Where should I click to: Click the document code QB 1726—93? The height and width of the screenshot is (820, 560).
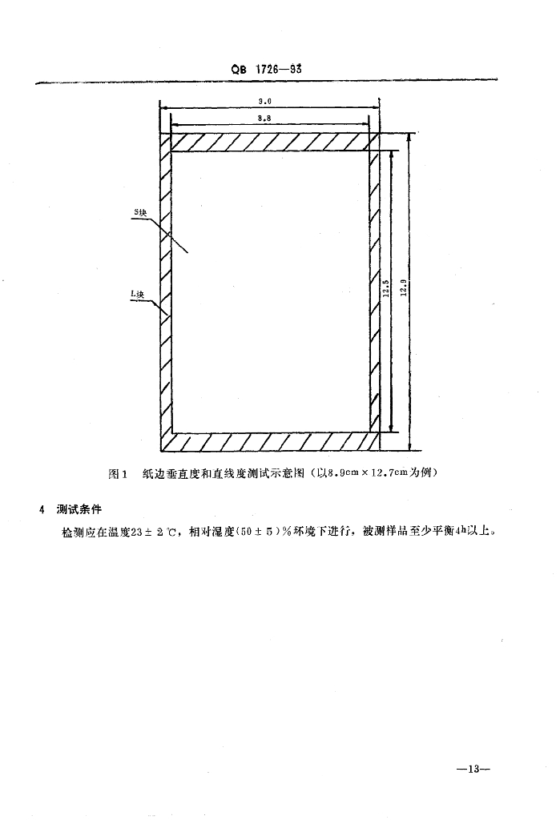[x=266, y=69]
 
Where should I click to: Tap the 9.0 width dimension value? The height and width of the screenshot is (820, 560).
[x=265, y=102]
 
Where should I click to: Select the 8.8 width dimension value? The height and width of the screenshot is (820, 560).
[x=264, y=119]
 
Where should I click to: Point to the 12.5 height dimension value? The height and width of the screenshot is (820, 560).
[x=385, y=288]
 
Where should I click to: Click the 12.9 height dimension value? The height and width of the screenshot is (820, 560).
[x=402, y=288]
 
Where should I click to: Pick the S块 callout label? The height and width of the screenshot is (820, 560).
[x=141, y=211]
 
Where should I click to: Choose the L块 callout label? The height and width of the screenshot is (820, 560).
[x=137, y=295]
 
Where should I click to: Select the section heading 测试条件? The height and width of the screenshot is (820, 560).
[x=79, y=508]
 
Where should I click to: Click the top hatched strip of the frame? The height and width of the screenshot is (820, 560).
[x=270, y=143]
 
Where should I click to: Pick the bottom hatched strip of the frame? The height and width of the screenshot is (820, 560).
[x=270, y=442]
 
